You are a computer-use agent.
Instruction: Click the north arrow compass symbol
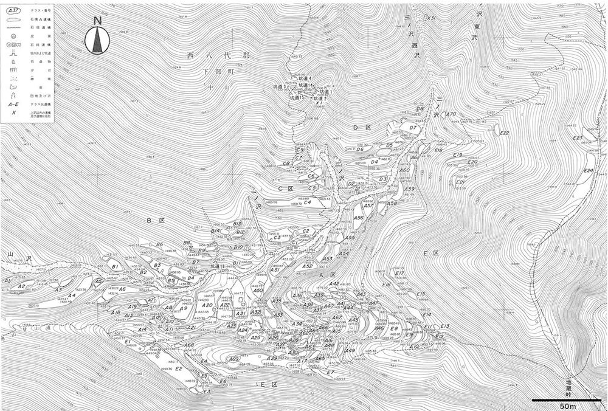[97, 37]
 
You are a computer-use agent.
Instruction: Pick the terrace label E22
[504, 133]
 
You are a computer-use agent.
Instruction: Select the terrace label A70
[451, 114]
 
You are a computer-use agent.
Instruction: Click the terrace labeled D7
[413, 128]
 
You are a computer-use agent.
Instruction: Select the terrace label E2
[179, 368]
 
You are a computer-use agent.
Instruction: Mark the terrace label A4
[71, 295]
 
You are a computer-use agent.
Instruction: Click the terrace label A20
[207, 306]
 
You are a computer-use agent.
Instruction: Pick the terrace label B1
[114, 266]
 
